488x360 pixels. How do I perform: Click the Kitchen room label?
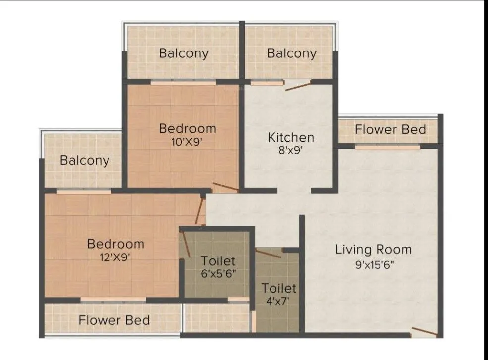[291, 137]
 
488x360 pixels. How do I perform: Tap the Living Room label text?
[373, 249]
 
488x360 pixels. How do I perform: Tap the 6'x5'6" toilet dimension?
[217, 274]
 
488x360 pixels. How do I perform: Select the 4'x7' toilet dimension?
[279, 301]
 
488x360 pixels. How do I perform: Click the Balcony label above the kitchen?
[291, 53]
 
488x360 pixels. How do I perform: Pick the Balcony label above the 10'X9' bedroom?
[183, 53]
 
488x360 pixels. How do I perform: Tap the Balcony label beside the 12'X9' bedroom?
[84, 160]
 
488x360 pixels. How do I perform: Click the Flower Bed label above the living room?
[390, 129]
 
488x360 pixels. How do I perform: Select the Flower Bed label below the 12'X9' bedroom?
[114, 320]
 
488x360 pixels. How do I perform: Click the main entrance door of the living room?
[424, 331]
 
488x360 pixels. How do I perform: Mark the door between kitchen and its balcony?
[298, 86]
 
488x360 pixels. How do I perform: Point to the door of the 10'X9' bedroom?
[225, 188]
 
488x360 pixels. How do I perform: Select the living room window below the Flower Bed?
[387, 147]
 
